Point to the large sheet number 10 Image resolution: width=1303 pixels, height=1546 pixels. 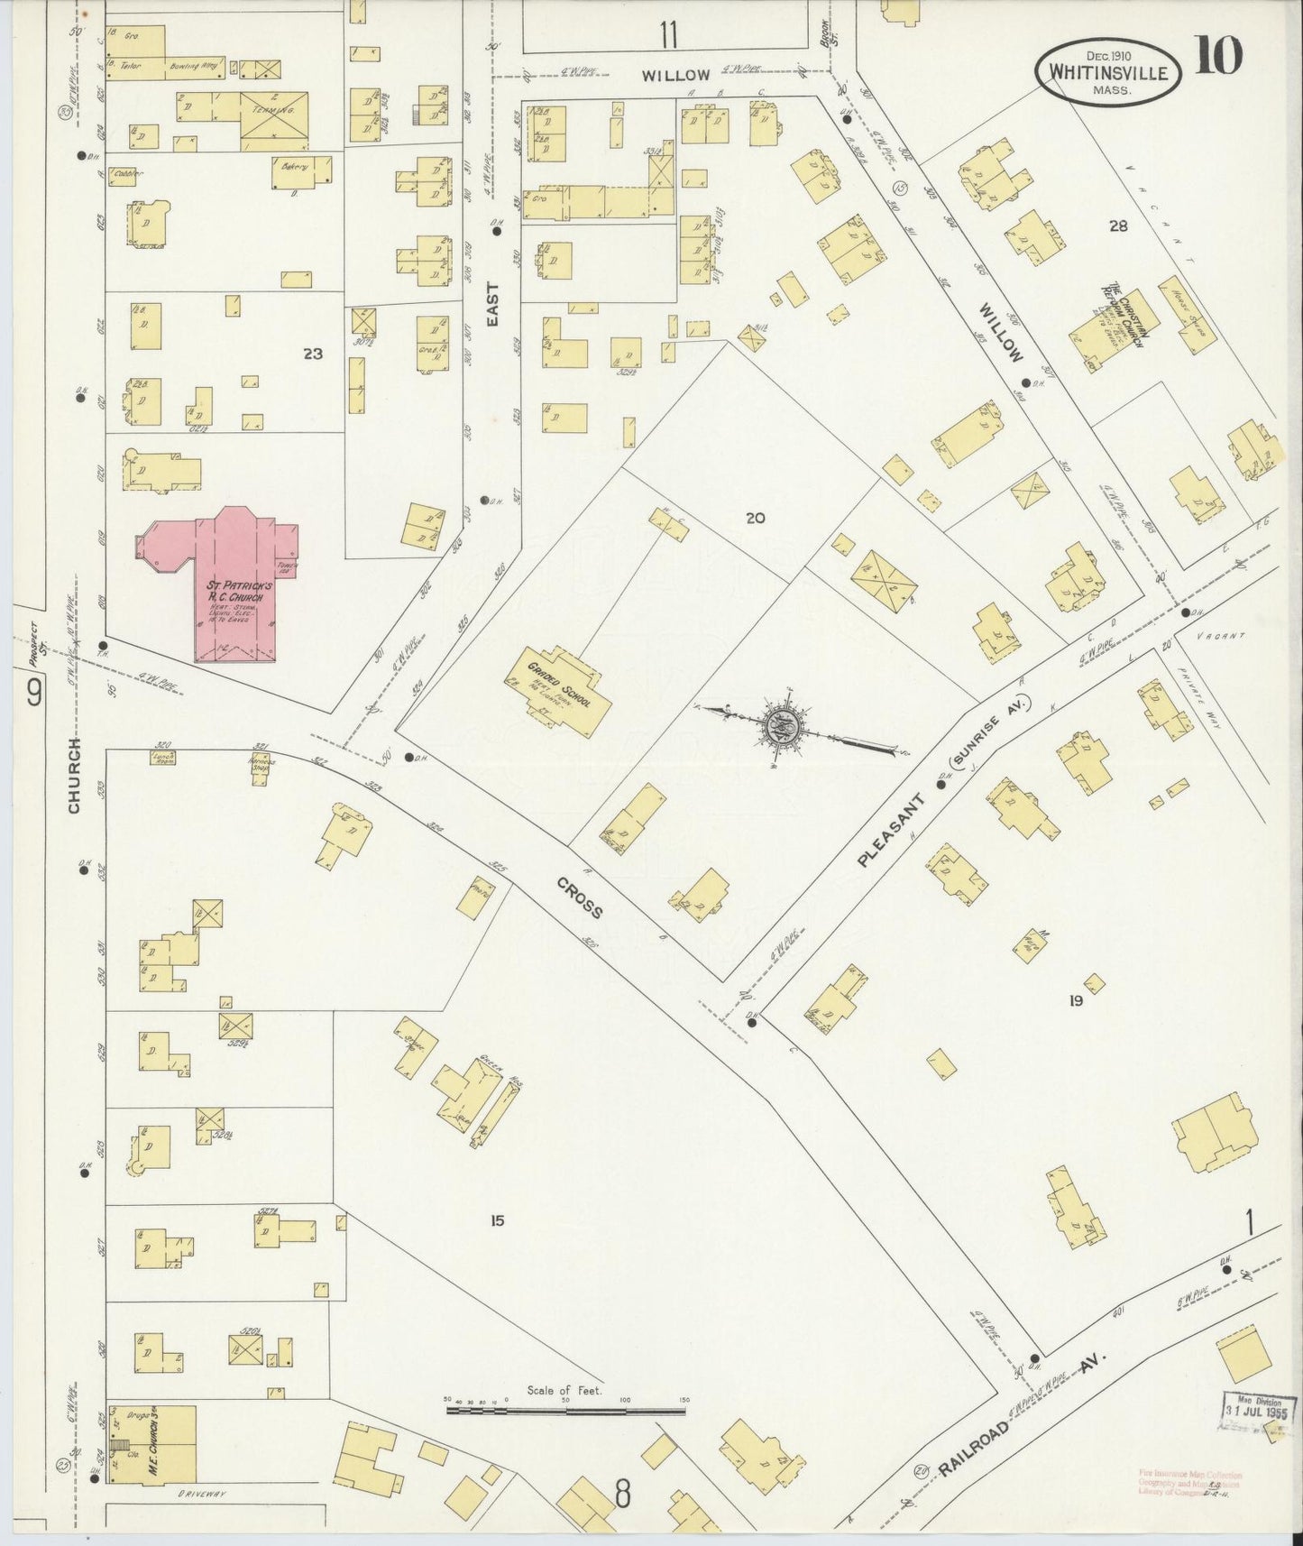tap(1218, 56)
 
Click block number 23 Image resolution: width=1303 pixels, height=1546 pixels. tap(312, 354)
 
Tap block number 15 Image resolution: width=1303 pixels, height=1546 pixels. tap(497, 1221)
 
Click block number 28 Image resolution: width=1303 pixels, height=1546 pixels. tap(1118, 226)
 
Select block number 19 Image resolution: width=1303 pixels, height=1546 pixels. tap(1075, 1000)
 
